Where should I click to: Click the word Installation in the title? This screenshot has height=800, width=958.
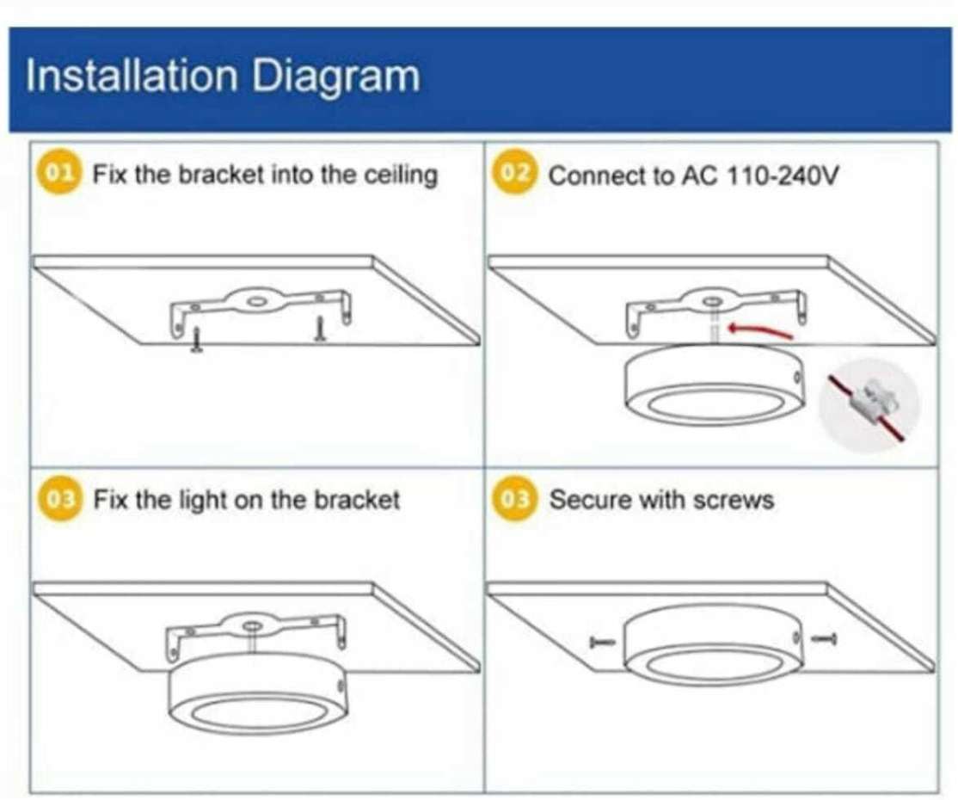tap(132, 76)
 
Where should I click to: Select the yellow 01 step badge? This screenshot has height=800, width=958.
tap(58, 173)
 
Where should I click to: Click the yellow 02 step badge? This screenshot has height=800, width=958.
tap(513, 173)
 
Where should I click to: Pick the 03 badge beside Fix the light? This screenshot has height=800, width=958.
tap(60, 499)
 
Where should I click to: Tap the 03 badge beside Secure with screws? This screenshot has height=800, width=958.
tap(514, 499)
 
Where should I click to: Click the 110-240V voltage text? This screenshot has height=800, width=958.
tap(783, 176)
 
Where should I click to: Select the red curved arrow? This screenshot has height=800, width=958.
tap(760, 331)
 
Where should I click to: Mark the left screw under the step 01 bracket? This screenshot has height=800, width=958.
tap(196, 341)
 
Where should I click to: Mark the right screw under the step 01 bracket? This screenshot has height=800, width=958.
tap(320, 329)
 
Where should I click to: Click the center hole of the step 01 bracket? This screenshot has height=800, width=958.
tap(256, 301)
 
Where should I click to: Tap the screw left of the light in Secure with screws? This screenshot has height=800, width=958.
tap(603, 643)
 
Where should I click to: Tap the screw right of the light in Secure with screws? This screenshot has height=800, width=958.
tap(824, 639)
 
